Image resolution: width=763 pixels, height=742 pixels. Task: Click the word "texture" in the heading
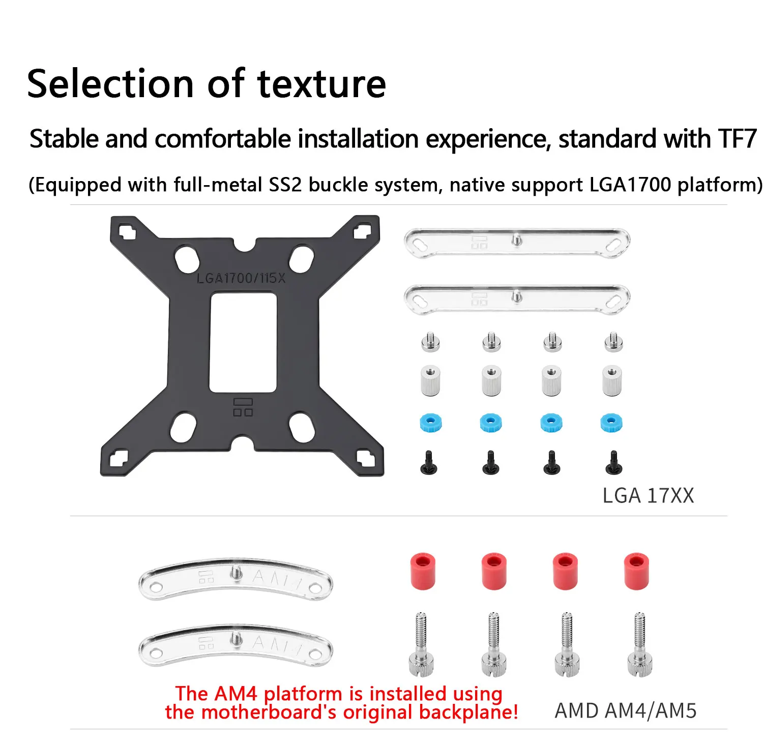(x=321, y=84)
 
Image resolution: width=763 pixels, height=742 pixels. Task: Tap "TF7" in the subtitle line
(x=737, y=138)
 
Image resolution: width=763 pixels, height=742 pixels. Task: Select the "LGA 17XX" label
(x=648, y=495)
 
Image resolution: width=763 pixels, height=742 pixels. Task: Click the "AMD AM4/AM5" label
(x=626, y=710)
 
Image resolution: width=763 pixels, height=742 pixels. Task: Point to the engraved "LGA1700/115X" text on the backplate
(x=241, y=278)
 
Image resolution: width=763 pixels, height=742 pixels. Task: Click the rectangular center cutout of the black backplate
(x=243, y=342)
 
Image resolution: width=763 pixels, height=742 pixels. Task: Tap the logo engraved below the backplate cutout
(x=243, y=407)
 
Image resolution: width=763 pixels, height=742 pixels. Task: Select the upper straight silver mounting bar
(x=517, y=243)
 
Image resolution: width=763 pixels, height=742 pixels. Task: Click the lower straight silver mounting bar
(x=517, y=299)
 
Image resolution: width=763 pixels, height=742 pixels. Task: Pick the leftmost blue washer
(x=430, y=423)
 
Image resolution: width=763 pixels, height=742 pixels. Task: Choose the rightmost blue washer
(x=611, y=423)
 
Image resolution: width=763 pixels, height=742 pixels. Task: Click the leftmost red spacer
(x=423, y=571)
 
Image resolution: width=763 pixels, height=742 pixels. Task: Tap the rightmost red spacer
(x=636, y=571)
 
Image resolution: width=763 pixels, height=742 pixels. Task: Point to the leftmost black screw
(x=429, y=463)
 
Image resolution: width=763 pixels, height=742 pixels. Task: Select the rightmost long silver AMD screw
(x=640, y=644)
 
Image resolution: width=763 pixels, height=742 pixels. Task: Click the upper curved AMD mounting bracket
(x=235, y=579)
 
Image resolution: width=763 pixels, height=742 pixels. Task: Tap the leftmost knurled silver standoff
(x=430, y=380)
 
